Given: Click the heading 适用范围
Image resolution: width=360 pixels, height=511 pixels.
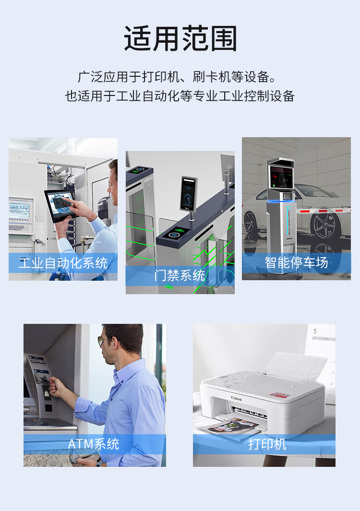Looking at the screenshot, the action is coord(180,38).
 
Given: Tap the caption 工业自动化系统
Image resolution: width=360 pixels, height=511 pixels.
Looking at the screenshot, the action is coord(63,263).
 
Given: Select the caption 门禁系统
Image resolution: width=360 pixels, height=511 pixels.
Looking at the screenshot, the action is coord(180,276).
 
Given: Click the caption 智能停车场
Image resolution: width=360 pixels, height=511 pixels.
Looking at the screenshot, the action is coord(296,262).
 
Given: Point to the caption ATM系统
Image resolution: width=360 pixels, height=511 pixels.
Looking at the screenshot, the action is coord(94,444).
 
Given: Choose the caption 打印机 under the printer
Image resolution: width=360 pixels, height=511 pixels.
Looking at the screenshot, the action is coord(267,444).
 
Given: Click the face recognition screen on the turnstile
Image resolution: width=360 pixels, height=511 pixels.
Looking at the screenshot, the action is coord(189,194).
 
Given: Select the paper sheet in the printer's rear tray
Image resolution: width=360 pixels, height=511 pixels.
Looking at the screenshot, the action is coord(295,366).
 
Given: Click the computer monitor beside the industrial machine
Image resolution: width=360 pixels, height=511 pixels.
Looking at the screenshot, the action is coord(21,211).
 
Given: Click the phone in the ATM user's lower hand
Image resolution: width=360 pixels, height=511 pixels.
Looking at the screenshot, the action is coord(85,458).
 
